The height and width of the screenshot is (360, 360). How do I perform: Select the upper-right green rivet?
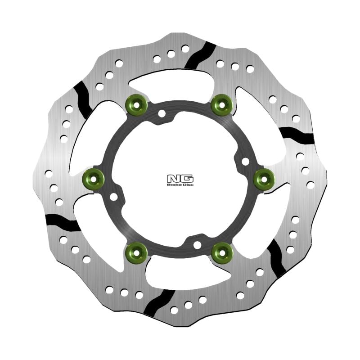(222, 104)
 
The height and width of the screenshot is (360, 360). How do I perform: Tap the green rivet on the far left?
(93, 179)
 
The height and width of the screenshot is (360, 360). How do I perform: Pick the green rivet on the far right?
(265, 179)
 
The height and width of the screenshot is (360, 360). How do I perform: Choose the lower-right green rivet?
(222, 252)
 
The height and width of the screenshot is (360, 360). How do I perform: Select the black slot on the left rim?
(63, 221)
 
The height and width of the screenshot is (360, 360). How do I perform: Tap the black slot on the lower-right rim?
(276, 258)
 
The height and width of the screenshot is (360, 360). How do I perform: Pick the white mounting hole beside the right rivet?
(245, 161)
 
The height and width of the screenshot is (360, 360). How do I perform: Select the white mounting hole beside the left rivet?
(113, 197)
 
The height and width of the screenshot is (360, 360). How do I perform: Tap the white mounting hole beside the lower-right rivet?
(197, 244)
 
